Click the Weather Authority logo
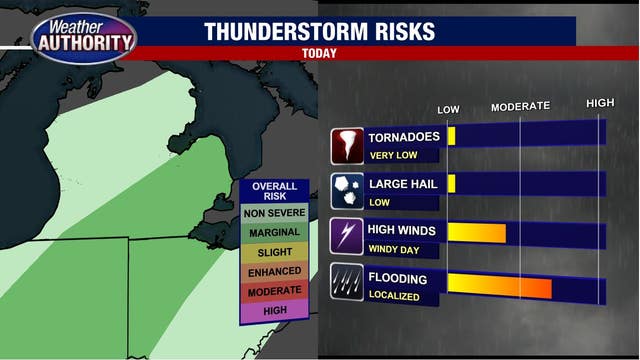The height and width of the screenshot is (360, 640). (84, 37)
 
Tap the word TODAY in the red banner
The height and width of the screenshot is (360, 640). (319, 54)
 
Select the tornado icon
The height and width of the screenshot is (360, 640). (348, 145)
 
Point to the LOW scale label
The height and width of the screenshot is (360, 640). (449, 108)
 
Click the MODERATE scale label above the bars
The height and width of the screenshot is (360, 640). (520, 106)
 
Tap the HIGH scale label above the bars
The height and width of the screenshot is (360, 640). (600, 103)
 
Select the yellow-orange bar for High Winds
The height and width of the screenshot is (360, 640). (477, 233)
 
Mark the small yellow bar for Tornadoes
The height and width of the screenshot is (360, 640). (452, 136)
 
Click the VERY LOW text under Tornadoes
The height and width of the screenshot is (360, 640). (392, 155)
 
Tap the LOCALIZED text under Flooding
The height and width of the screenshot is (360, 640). (394, 296)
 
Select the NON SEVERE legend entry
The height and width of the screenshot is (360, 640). (274, 212)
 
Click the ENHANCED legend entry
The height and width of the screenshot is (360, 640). (274, 271)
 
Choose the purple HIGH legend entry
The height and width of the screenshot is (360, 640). (274, 310)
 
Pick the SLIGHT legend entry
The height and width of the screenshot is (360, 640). (274, 252)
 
